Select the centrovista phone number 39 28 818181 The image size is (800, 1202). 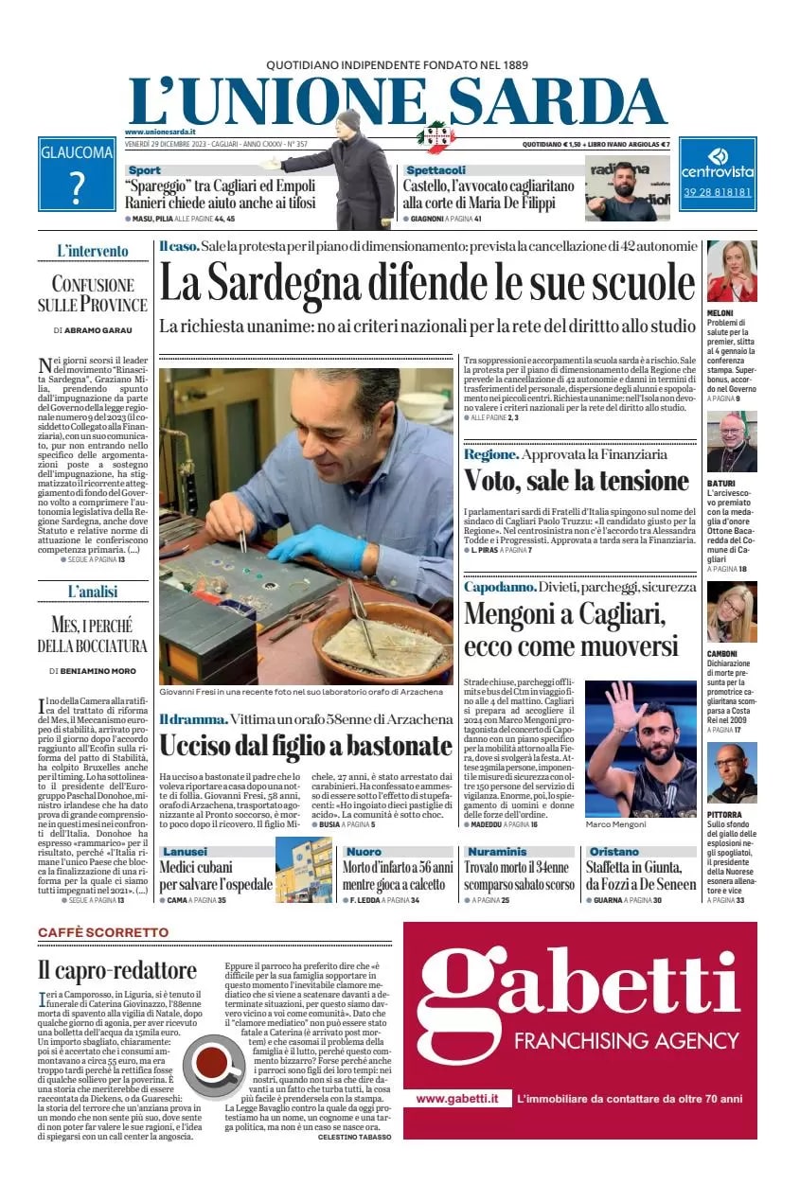(718, 192)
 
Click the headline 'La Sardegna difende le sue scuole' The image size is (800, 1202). (427, 282)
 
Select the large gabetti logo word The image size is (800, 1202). (579, 982)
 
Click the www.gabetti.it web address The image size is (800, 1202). (456, 1099)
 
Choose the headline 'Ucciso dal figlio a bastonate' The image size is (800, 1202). (306, 746)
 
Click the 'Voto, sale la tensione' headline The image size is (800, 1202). (576, 481)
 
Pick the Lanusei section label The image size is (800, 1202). (184, 852)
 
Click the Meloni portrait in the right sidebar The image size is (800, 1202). (732, 272)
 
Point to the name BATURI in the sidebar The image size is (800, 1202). (720, 484)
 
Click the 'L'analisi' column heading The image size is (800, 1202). (93, 592)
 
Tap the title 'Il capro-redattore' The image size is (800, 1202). (117, 970)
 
